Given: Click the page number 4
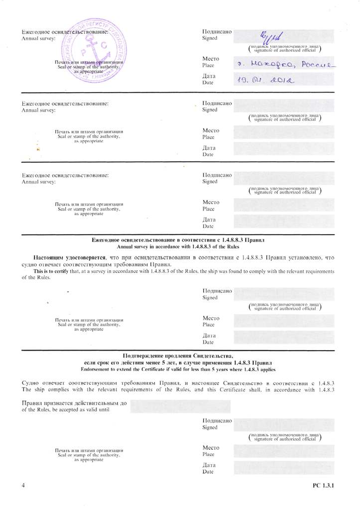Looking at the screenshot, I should coord(23,485).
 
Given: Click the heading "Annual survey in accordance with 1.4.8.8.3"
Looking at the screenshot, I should coord(178,247).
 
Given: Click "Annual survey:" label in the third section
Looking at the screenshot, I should coord(38,182).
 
